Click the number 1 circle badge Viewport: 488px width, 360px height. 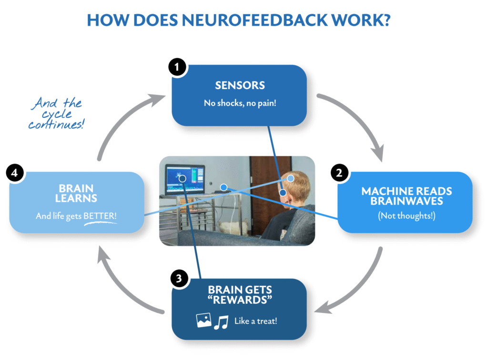tap(177, 68)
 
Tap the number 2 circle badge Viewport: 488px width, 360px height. tap(339, 173)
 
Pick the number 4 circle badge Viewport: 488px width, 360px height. tap(15, 173)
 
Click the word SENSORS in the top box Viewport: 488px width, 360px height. tap(240, 86)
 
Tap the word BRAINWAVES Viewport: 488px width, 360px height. tap(407, 201)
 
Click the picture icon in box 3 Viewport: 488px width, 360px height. tap(203, 321)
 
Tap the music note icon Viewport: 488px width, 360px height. tap(221, 322)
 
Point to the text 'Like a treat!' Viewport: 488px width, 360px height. tap(255, 321)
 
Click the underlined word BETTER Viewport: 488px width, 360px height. tap(100, 216)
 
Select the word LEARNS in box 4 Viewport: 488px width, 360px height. tap(76, 198)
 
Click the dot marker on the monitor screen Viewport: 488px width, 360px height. tap(182, 178)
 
